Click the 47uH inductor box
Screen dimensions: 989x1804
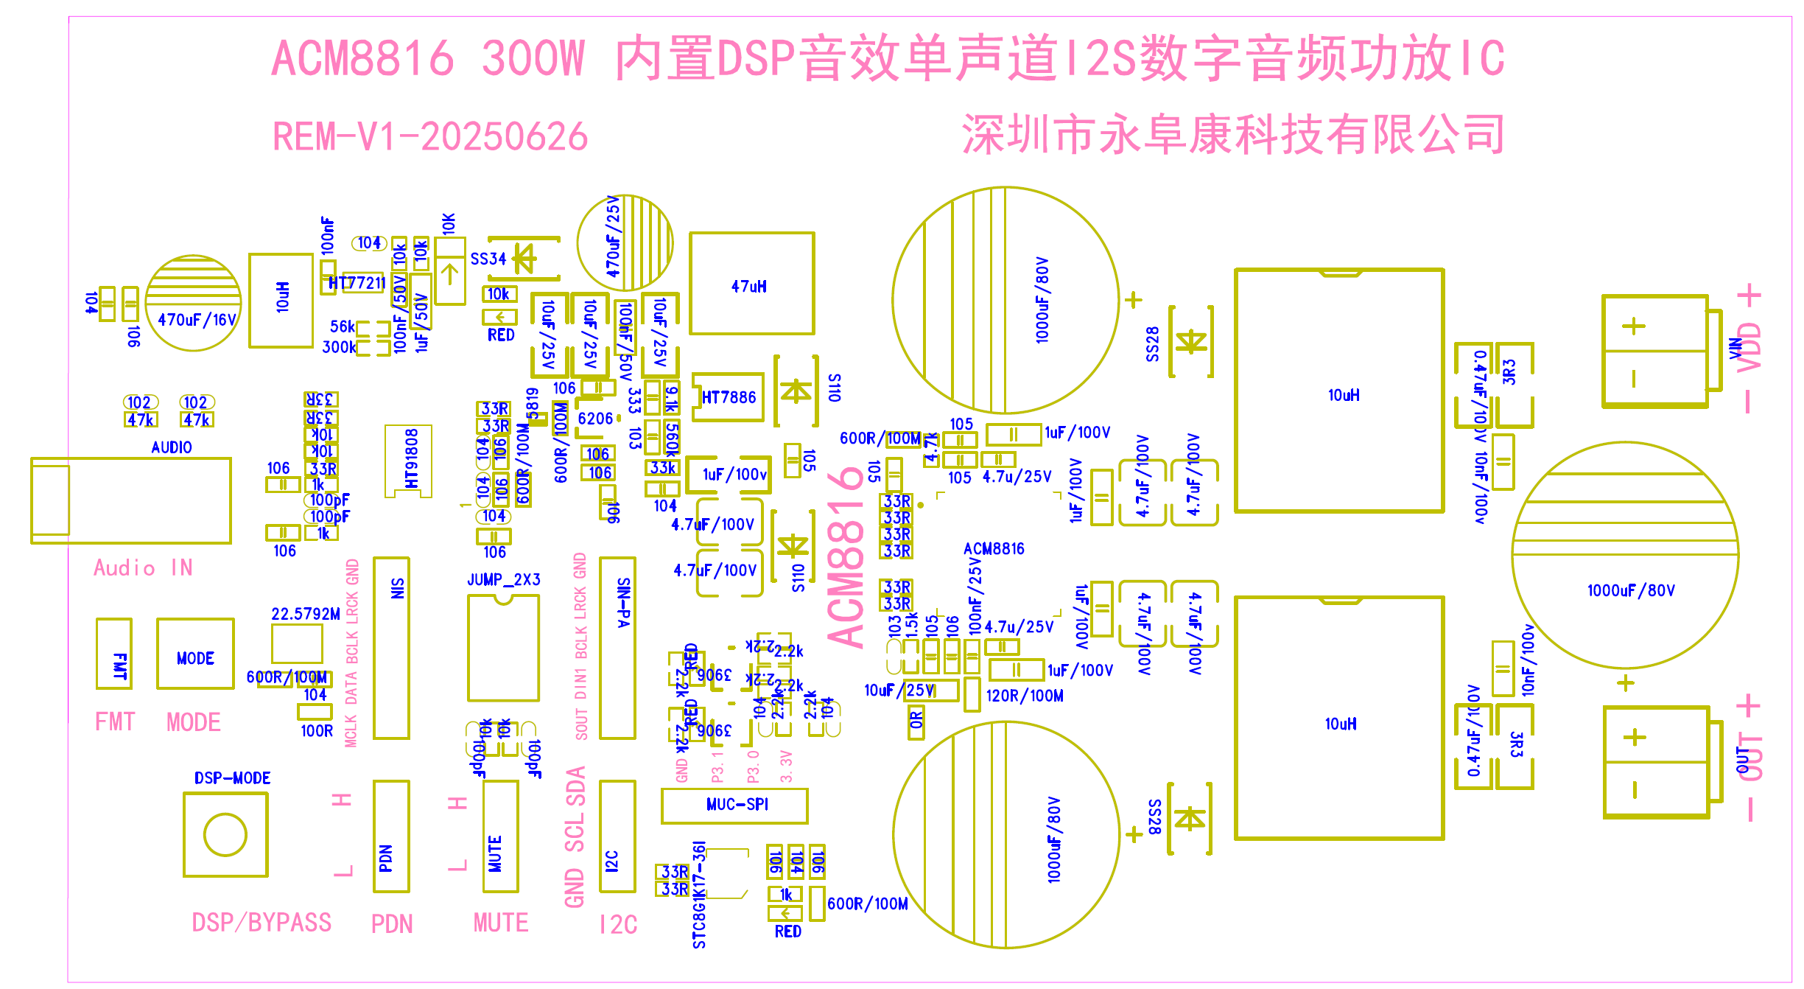(x=751, y=284)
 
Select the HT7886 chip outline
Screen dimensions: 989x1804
(x=728, y=398)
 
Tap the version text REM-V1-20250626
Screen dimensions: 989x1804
(x=430, y=137)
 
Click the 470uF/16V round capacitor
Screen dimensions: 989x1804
(x=194, y=303)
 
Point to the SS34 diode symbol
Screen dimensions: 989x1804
(x=524, y=259)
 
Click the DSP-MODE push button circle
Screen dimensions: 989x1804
(x=225, y=834)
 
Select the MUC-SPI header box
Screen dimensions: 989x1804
(x=734, y=805)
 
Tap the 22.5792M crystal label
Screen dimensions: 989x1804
(x=305, y=614)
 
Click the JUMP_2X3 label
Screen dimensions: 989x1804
(x=504, y=580)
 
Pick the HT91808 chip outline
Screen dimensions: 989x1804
(x=408, y=461)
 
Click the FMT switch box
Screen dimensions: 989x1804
(x=114, y=654)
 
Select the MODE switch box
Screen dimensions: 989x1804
(x=195, y=654)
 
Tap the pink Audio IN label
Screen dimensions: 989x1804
(x=143, y=568)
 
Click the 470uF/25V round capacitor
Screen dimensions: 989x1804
(x=625, y=242)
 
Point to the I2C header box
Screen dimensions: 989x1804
(x=617, y=836)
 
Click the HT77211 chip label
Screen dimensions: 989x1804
(x=357, y=283)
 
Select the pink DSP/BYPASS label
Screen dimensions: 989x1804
(x=262, y=923)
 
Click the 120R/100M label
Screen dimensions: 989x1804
(x=1024, y=696)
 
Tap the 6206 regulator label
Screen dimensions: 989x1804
(x=595, y=419)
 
